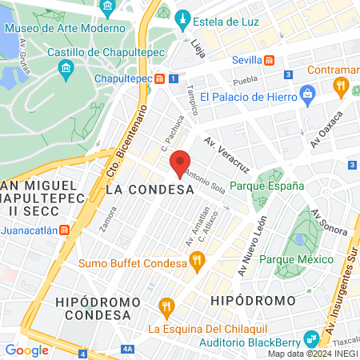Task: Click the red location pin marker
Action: tap(180, 162)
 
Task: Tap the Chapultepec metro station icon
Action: tap(161, 78)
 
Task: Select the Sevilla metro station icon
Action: tap(270, 60)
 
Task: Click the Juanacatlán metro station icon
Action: tap(75, 228)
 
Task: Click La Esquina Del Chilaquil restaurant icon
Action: tap(166, 306)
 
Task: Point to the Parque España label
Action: tap(267, 186)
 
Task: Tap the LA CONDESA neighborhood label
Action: tap(150, 190)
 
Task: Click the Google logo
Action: tap(26, 350)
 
